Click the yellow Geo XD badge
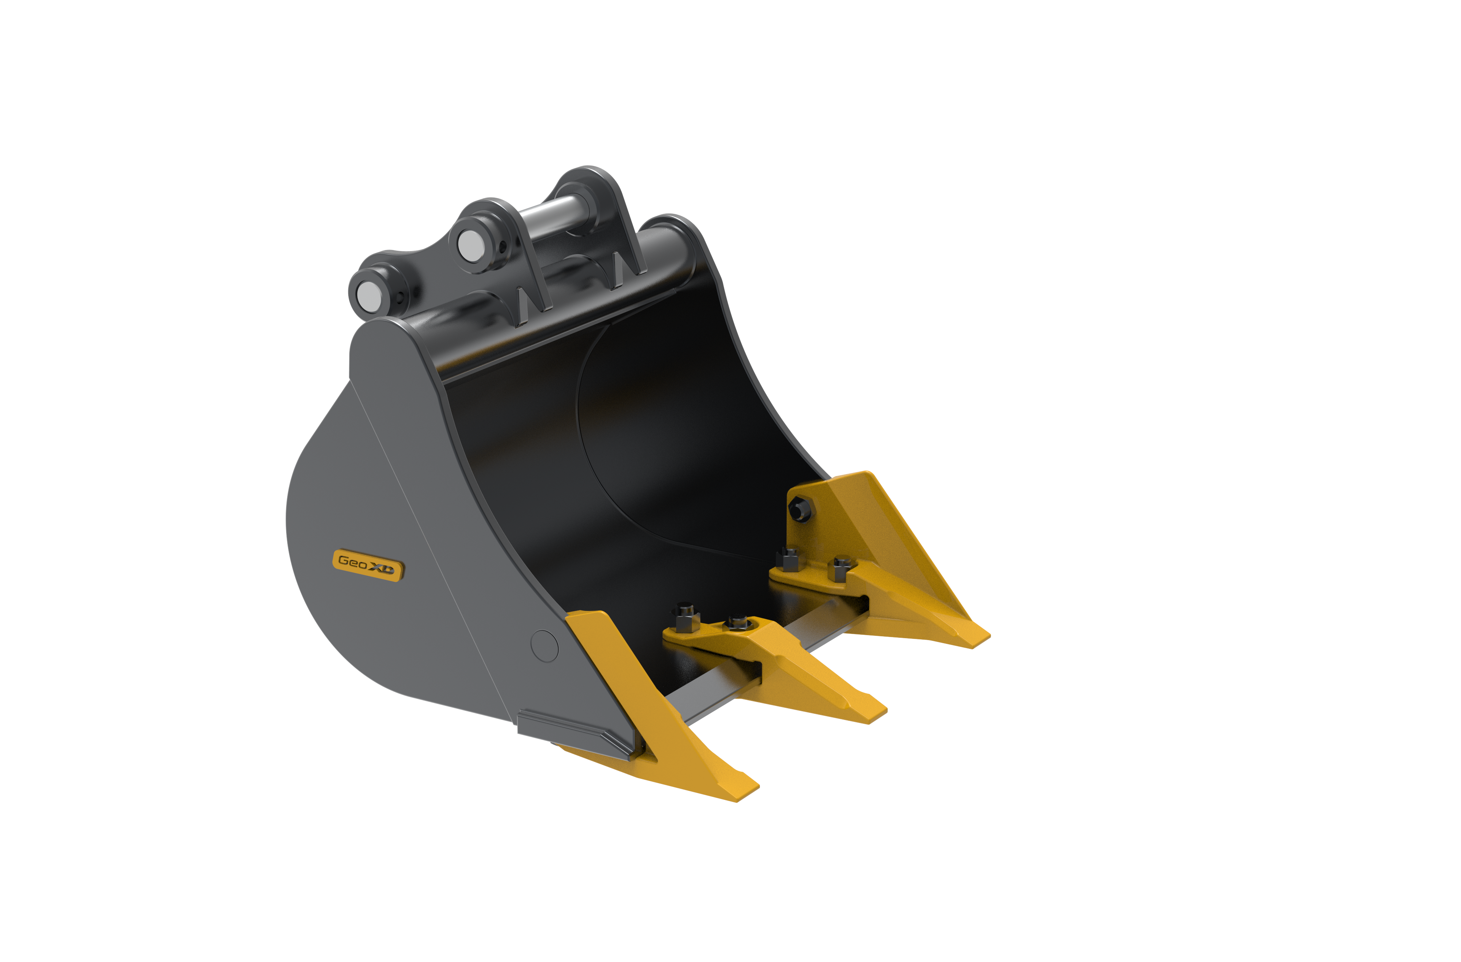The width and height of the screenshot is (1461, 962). click(368, 565)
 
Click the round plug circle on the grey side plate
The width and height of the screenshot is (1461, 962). click(544, 646)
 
